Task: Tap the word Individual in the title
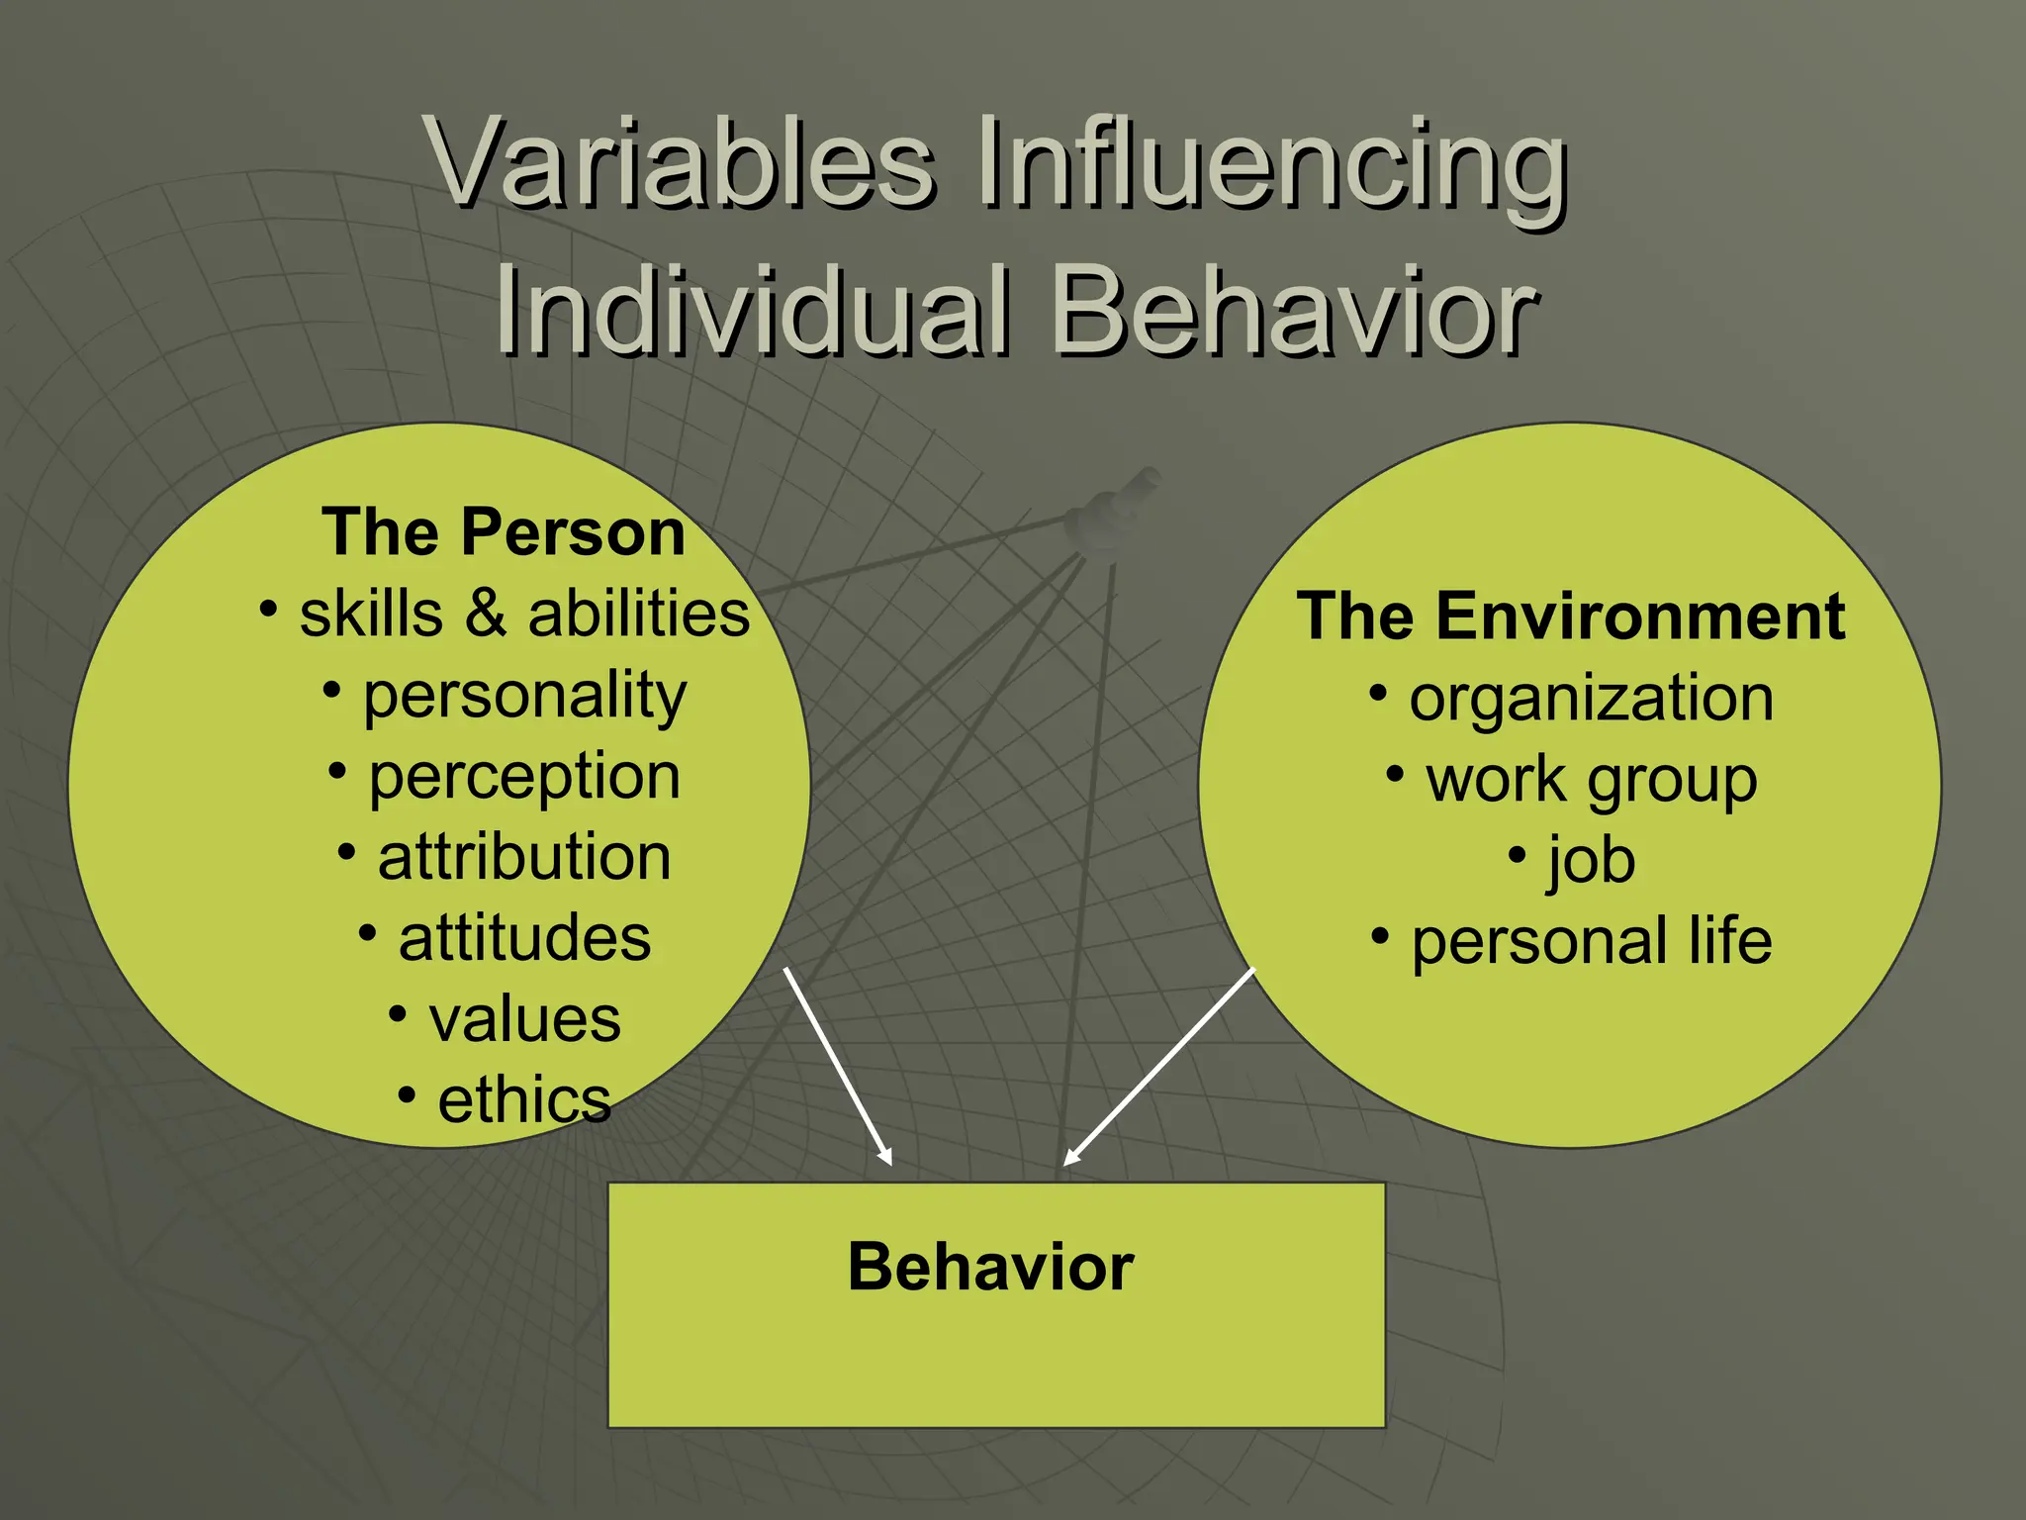point(752,311)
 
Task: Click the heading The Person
point(503,532)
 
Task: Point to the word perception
point(524,778)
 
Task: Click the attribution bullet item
point(524,857)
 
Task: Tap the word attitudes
point(524,938)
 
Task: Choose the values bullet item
point(524,1019)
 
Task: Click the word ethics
point(524,1100)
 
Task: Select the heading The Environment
point(1571,617)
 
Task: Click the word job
point(1591,861)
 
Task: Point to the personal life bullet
point(1591,941)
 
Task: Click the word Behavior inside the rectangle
point(990,1267)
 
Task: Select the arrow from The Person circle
point(839,1067)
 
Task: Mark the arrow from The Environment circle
point(1159,1067)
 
